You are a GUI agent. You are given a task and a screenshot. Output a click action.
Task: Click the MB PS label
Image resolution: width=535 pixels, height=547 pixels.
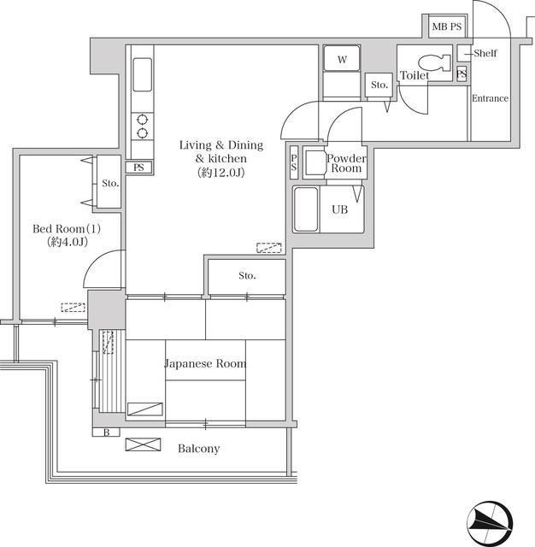446,27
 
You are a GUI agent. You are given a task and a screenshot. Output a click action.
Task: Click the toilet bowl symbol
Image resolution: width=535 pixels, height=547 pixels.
437,62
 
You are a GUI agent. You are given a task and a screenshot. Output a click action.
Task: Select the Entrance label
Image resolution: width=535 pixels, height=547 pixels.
490,98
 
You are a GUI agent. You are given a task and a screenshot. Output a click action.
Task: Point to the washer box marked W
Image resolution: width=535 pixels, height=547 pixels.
342,60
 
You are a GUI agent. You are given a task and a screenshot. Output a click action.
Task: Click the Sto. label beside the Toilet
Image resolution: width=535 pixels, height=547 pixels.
379,85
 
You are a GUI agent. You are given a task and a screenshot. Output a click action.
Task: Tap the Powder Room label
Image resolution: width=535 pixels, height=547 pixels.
346,163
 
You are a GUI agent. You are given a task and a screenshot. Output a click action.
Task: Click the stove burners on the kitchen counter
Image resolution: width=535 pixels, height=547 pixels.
141,126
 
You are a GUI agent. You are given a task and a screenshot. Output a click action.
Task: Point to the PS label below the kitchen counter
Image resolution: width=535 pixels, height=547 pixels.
138,168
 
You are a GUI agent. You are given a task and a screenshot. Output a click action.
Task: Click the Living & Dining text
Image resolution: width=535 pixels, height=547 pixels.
220,145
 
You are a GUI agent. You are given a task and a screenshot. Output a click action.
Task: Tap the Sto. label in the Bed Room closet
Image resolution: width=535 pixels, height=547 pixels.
109,183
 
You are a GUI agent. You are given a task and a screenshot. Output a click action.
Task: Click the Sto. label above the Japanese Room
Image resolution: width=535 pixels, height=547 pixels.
247,275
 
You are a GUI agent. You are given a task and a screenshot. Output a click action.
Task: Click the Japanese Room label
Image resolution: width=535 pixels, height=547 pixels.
205,363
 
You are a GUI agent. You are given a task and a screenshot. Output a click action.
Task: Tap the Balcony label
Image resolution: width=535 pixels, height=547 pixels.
198,449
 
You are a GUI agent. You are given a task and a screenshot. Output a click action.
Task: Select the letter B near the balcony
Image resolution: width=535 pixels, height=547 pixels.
106,432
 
